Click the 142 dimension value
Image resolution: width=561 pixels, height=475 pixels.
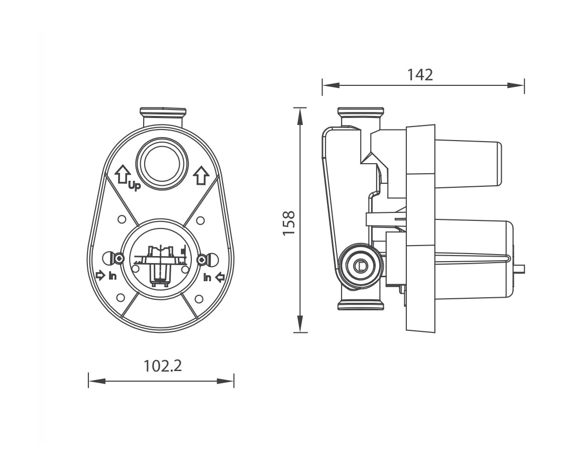coord(419,75)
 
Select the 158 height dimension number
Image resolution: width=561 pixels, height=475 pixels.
coord(288,223)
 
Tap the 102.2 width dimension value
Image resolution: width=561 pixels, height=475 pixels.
coord(162,366)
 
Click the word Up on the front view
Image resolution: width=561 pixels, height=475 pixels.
coord(134,186)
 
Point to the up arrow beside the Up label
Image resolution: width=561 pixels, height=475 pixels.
coord(122,175)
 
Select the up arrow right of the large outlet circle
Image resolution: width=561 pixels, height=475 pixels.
coord(200,175)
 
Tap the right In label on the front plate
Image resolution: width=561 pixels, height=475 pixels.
coord(207,277)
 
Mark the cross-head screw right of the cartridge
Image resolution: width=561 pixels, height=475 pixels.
coord(202,259)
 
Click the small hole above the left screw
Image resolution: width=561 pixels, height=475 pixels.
coord(121,220)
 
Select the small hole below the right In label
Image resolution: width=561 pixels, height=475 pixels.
coord(199,299)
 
